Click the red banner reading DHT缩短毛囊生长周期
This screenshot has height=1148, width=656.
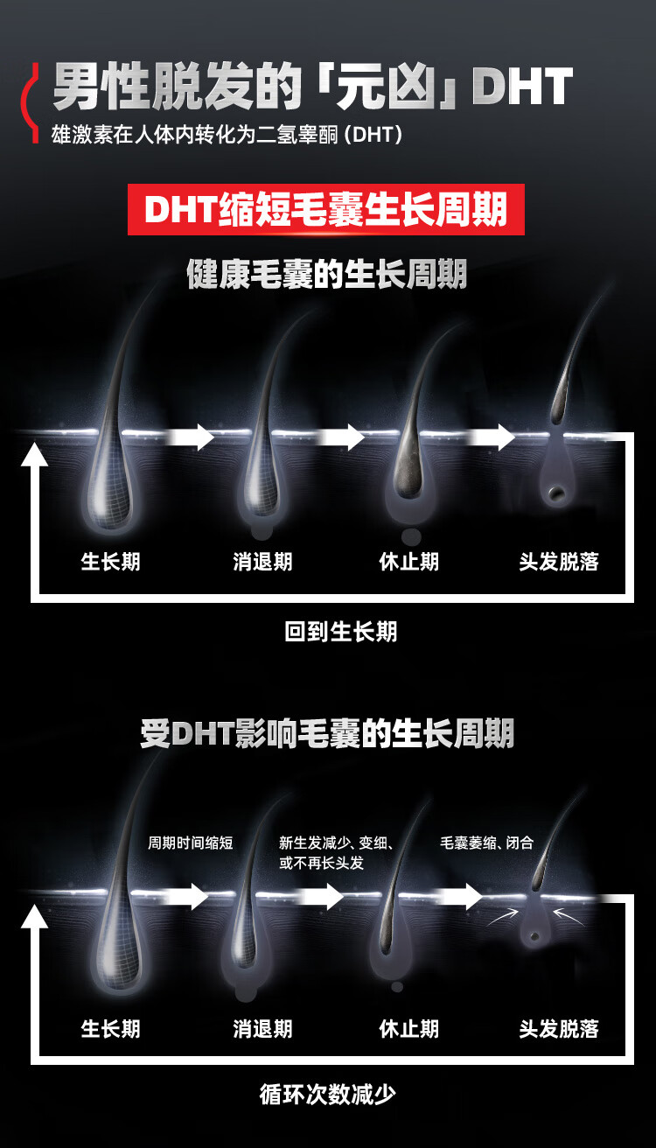(325, 210)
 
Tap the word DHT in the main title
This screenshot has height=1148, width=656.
(522, 87)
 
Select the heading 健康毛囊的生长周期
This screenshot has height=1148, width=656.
(327, 275)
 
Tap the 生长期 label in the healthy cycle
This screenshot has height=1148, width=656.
(110, 562)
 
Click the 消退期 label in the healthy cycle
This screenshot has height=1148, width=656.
(262, 562)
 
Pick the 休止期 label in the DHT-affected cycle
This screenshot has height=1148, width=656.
(408, 1028)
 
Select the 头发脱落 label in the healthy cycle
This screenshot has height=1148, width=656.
(559, 562)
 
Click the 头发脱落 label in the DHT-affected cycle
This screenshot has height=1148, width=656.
(559, 1028)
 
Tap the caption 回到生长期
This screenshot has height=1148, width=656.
(340, 632)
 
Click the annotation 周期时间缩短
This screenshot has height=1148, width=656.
(191, 843)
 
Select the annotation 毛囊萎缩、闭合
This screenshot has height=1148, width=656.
(486, 843)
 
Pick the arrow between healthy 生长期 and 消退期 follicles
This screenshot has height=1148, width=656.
(191, 436)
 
